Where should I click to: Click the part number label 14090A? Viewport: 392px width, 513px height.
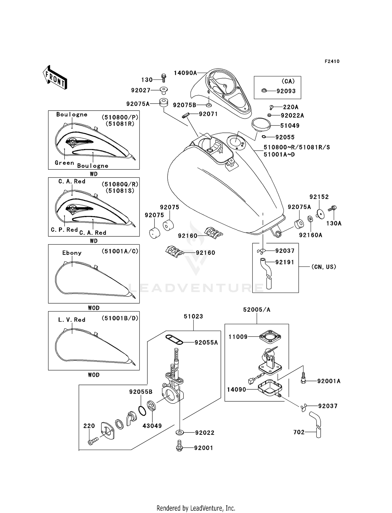[185, 73]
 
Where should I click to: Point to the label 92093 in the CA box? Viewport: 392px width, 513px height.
[286, 91]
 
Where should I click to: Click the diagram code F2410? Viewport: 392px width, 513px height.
[332, 61]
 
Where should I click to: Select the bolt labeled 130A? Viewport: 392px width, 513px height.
[333, 209]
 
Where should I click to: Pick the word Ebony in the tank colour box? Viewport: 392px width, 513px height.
[72, 253]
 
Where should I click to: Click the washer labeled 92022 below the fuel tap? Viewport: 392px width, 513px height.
[180, 433]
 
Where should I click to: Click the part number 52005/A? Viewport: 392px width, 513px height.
[257, 310]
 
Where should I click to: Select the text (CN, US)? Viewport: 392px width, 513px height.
[324, 267]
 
